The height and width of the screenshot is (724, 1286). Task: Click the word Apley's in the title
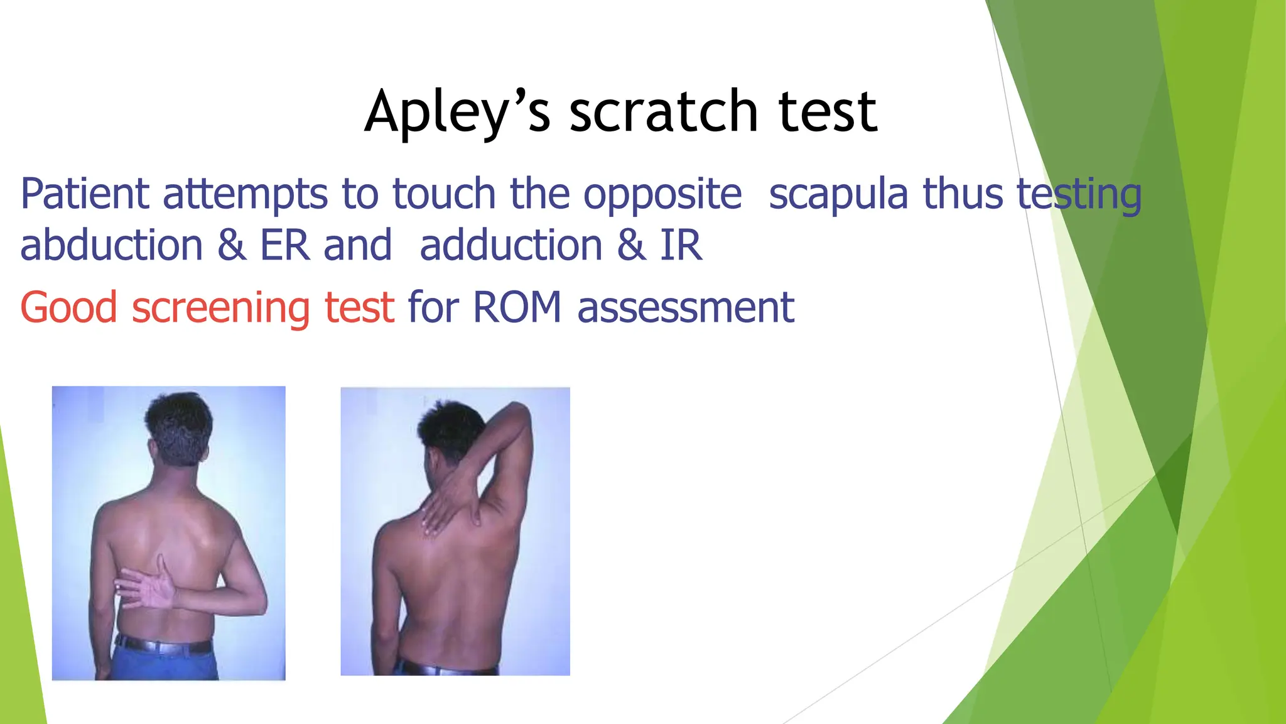457,112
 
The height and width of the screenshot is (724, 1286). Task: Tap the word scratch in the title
664,112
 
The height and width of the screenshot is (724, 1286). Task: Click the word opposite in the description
662,195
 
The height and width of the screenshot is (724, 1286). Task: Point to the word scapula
838,195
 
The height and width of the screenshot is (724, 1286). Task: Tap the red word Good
69,308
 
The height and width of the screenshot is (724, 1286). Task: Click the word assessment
686,308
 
